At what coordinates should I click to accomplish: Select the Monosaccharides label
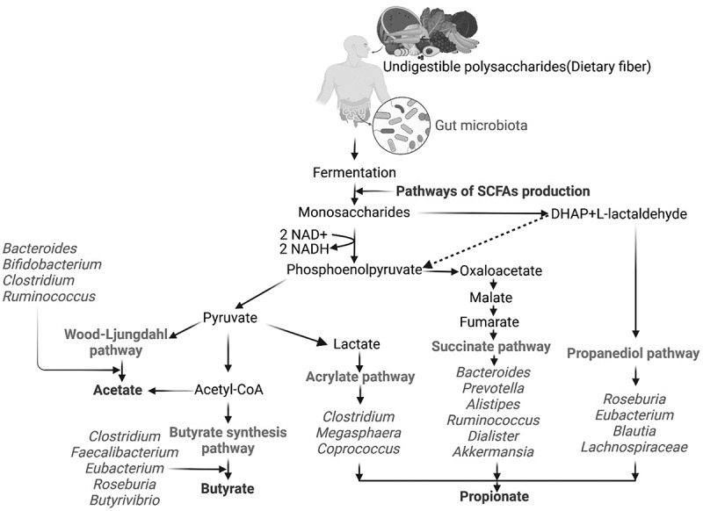pyautogui.click(x=354, y=212)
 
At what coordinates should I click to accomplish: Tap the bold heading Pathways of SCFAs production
pyautogui.click(x=491, y=191)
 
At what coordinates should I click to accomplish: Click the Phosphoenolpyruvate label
pyautogui.click(x=353, y=272)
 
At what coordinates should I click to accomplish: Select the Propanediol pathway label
pyautogui.click(x=634, y=354)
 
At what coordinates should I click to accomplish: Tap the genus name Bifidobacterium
pyautogui.click(x=53, y=263)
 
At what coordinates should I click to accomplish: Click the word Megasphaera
pyautogui.click(x=358, y=433)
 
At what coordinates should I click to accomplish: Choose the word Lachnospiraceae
pyautogui.click(x=634, y=448)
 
